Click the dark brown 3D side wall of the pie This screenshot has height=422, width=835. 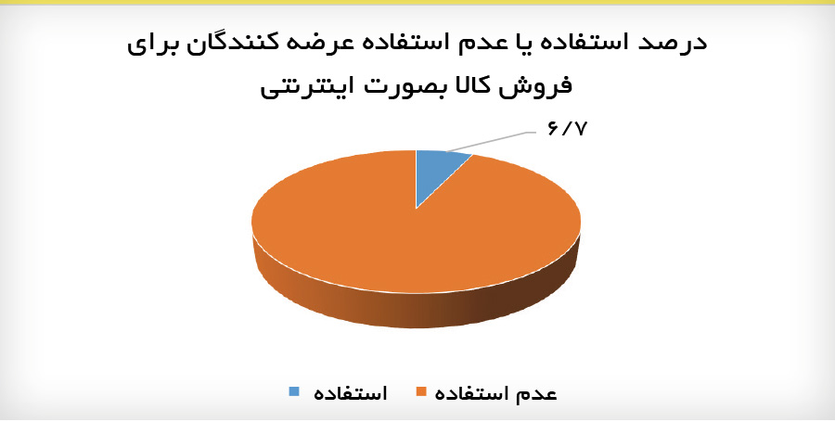click(520, 297)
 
